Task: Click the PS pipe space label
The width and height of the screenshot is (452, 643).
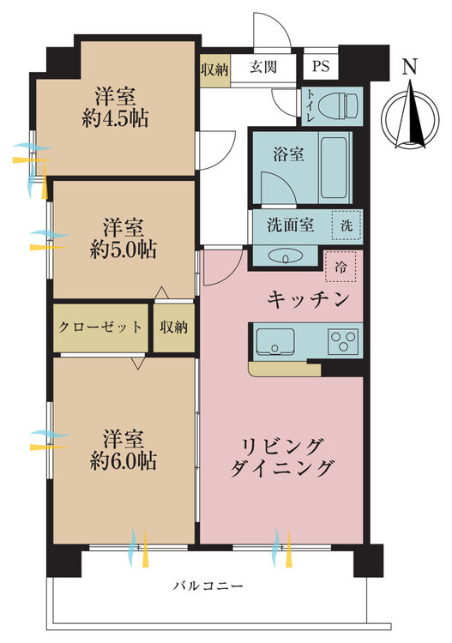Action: (321, 66)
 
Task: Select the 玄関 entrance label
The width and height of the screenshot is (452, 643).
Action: (263, 66)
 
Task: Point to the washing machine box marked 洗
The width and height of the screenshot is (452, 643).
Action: (347, 225)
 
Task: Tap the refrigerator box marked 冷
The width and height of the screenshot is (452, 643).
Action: (340, 267)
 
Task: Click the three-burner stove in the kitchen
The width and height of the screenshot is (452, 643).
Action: (343, 340)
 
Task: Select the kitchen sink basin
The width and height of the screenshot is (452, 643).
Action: (274, 341)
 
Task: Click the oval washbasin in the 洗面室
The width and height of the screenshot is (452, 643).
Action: (286, 256)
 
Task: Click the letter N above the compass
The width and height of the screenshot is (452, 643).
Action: (410, 67)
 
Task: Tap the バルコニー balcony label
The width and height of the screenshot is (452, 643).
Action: (208, 586)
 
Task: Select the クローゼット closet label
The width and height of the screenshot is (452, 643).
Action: (100, 327)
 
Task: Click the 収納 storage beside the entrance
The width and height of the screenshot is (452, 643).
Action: (214, 69)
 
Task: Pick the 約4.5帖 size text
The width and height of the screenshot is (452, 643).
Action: (115, 119)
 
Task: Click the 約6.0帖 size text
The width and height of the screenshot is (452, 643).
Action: (123, 461)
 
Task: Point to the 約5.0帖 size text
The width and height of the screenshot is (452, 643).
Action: (123, 249)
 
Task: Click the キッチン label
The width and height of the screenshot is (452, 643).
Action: (308, 300)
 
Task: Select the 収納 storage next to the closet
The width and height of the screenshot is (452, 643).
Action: (174, 327)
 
